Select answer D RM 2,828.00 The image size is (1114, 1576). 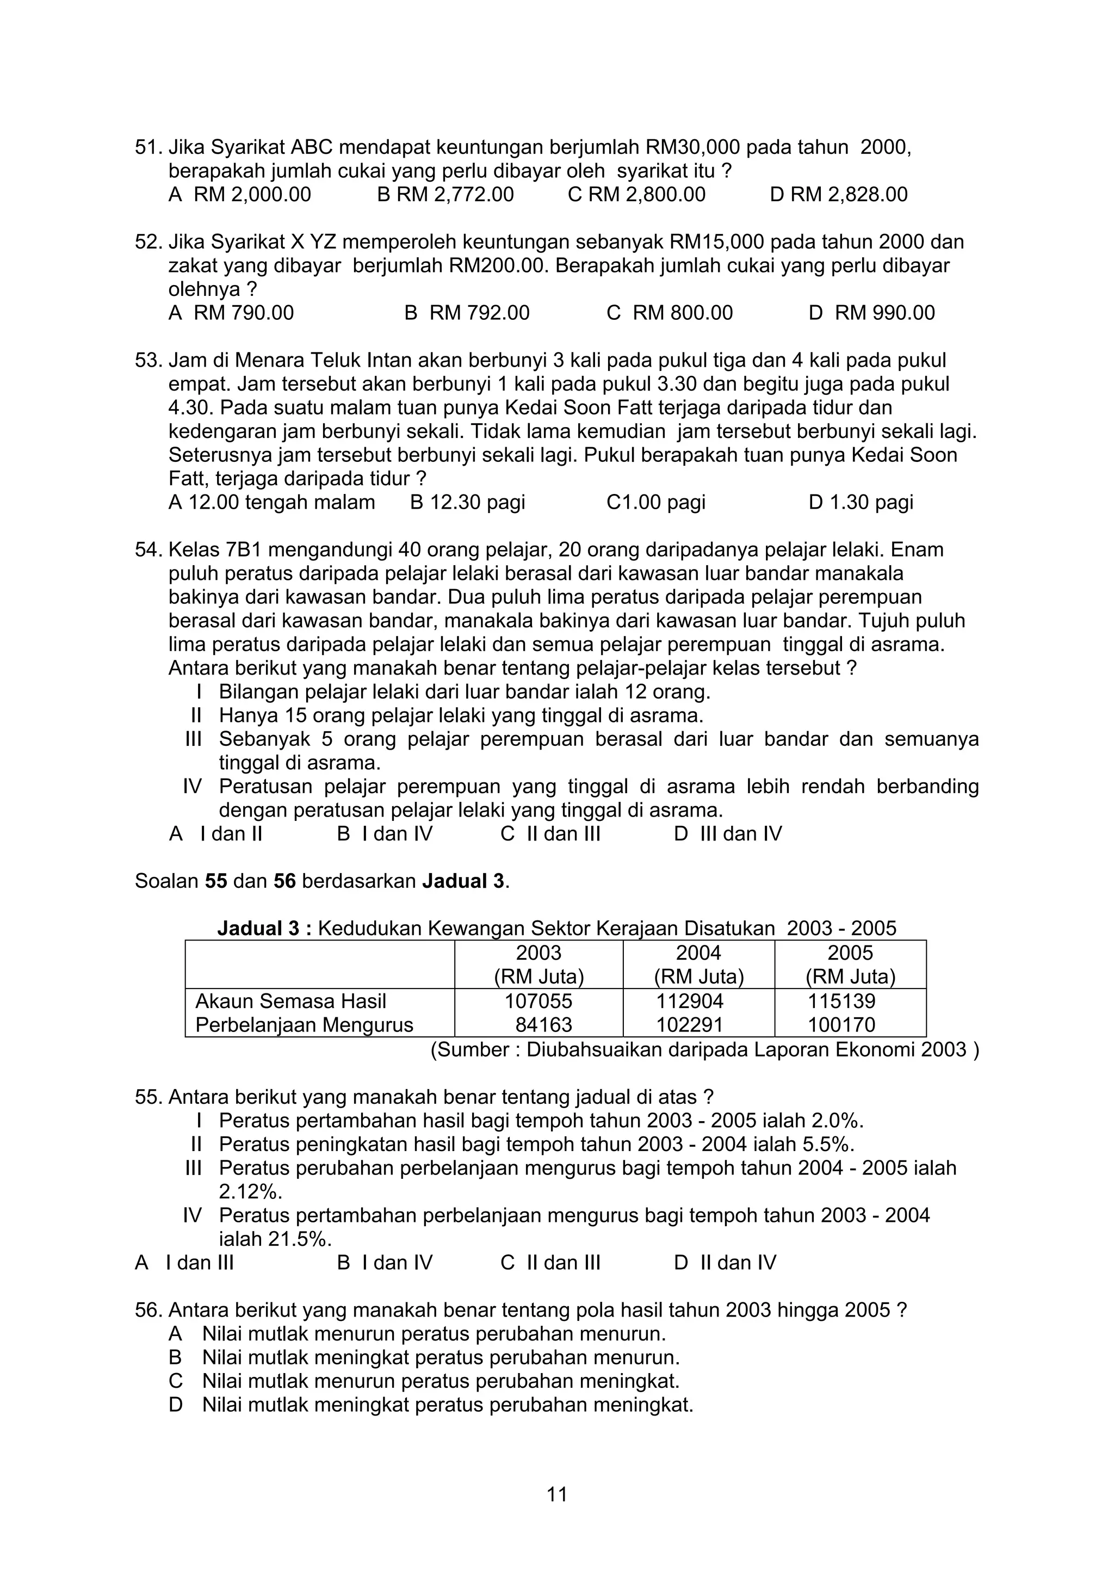pos(838,195)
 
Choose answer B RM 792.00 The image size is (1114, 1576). pos(467,313)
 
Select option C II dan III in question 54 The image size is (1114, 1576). pos(550,834)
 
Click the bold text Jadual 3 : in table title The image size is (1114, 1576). pos(265,929)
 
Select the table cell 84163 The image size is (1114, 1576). pos(543,1025)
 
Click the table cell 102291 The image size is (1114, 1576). pos(689,1025)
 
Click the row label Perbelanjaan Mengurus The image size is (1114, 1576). pos(304,1025)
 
